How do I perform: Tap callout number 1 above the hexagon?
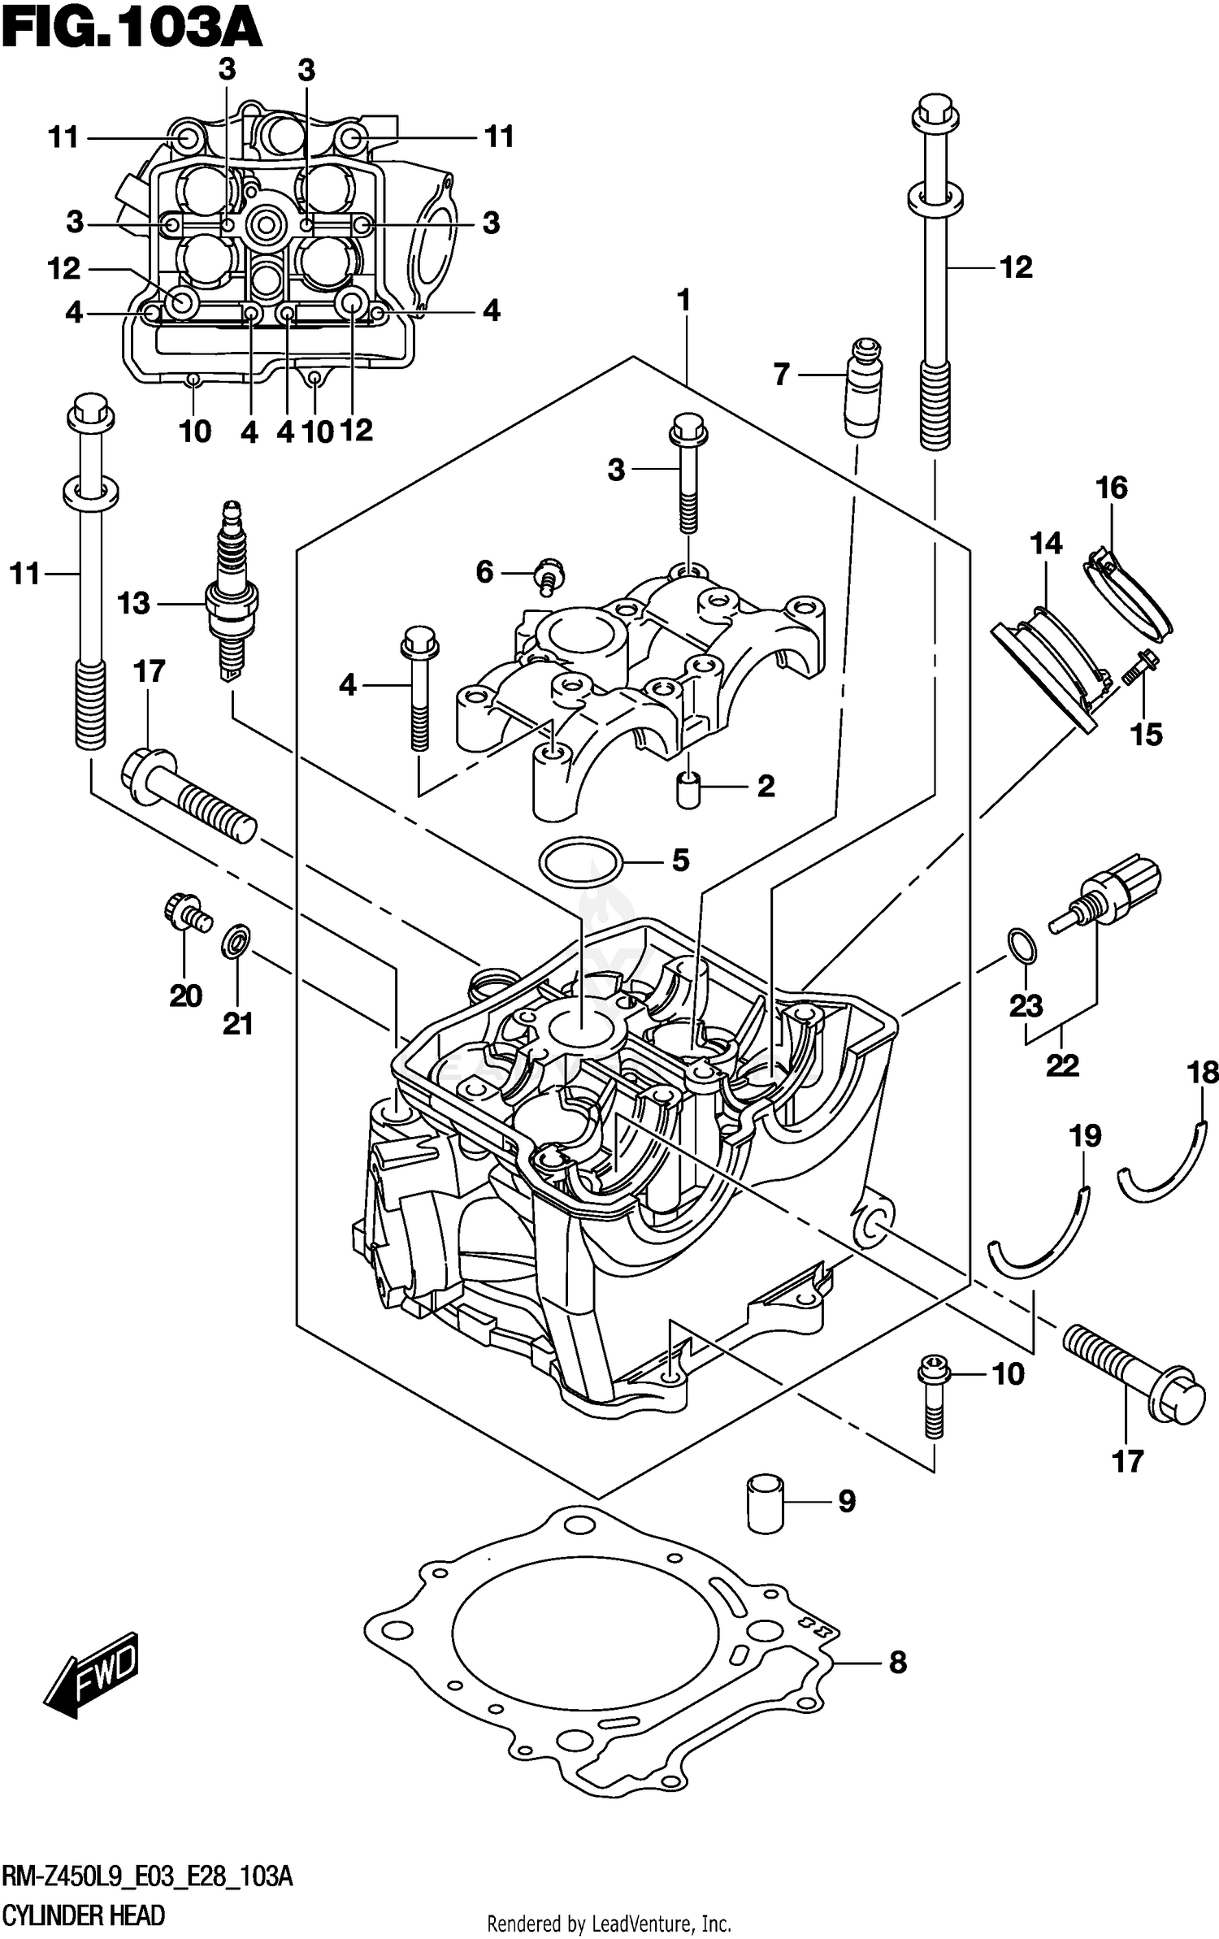[x=683, y=301]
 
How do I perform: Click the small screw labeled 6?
[x=550, y=575]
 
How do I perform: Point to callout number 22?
[x=1061, y=1065]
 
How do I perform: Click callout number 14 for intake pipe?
[x=1046, y=542]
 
